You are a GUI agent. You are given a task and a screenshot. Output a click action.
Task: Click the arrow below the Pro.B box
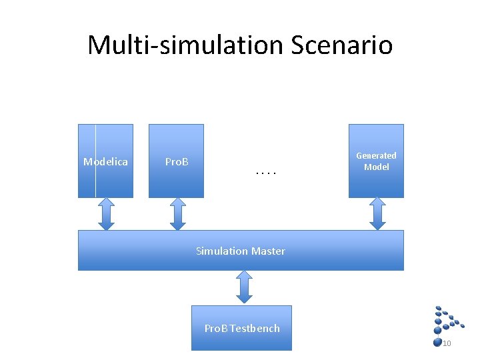[177, 214]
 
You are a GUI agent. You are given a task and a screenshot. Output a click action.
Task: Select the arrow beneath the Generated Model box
[377, 214]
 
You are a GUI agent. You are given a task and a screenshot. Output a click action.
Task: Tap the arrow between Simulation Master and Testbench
[244, 287]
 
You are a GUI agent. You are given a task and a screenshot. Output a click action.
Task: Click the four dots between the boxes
[265, 174]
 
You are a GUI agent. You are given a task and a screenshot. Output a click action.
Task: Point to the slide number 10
[447, 343]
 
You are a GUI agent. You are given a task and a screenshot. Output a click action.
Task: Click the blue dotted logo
[447, 320]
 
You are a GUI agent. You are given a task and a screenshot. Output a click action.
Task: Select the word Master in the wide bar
[268, 251]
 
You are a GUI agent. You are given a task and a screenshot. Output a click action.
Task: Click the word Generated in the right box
[376, 155]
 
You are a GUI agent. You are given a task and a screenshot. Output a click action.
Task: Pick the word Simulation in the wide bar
[222, 251]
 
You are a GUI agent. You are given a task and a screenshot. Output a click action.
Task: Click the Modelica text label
[105, 162]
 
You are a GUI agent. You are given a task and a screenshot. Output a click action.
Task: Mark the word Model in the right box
[376, 167]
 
